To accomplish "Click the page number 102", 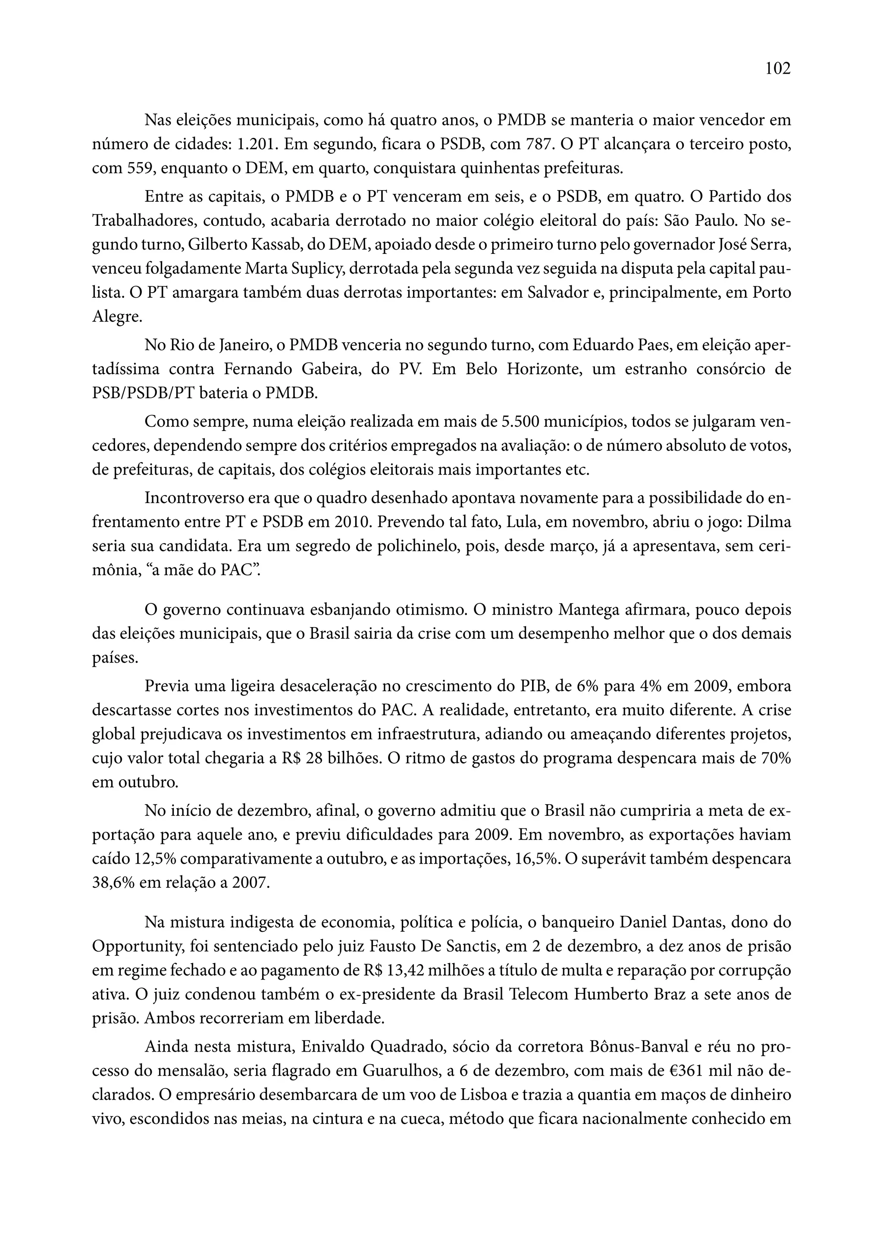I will coord(777,69).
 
